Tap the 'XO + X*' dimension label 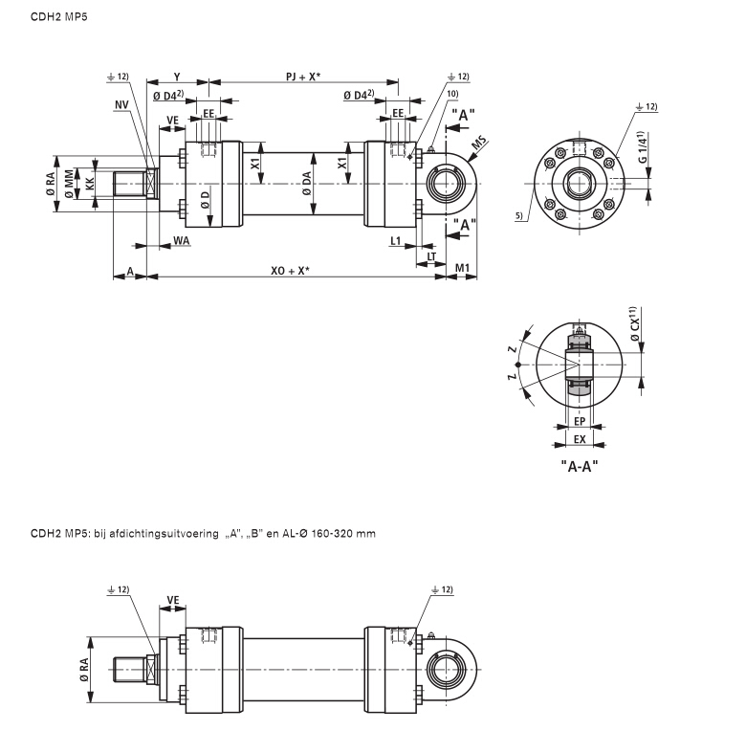click(289, 271)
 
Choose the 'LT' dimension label click(432, 255)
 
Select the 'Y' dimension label click(177, 75)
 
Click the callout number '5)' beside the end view click(519, 217)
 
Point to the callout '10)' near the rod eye click(453, 93)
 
